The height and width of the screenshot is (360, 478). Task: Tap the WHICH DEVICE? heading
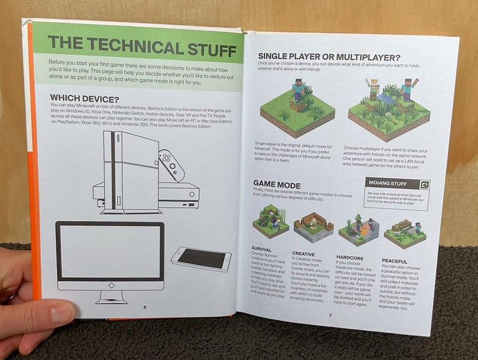[x=85, y=98]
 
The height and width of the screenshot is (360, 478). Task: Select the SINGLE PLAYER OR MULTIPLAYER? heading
[x=329, y=56]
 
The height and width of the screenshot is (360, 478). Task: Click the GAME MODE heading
[x=276, y=184]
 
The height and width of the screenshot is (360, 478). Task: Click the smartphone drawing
[x=202, y=258]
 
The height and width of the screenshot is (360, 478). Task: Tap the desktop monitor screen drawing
[x=110, y=253]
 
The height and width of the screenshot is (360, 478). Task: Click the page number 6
[x=145, y=307]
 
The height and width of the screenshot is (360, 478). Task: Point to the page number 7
[x=329, y=314]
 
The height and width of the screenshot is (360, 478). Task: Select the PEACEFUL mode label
[x=394, y=260]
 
